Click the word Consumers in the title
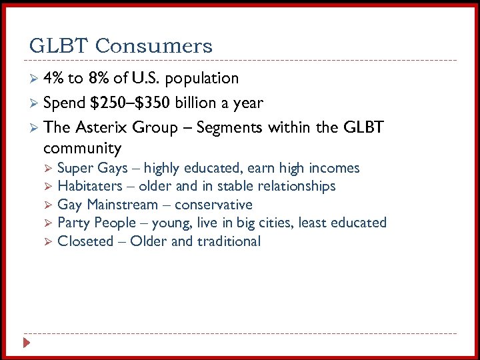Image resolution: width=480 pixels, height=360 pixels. (154, 46)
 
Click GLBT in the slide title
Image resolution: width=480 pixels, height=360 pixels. (59, 46)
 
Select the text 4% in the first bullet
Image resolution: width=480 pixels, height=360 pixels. (53, 79)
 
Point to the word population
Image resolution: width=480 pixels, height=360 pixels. (201, 79)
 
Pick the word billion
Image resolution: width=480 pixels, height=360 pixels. (199, 103)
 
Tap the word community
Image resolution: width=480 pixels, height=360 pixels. (82, 148)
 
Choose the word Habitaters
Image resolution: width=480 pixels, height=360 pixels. (90, 186)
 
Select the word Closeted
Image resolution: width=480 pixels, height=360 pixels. (85, 241)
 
